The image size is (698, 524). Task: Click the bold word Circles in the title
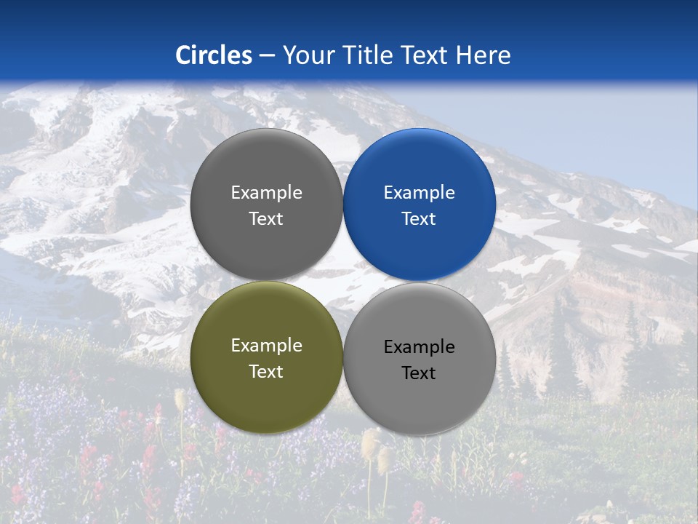click(x=214, y=55)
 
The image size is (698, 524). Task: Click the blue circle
click(x=420, y=205)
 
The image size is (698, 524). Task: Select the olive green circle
click(x=266, y=357)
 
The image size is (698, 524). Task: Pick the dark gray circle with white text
click(x=266, y=205)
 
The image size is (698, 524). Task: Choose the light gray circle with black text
click(x=420, y=359)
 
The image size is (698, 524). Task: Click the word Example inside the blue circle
click(x=419, y=193)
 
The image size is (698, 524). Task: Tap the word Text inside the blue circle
click(x=419, y=219)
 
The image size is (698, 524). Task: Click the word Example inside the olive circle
click(x=266, y=346)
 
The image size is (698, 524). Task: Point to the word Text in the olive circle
click(x=266, y=372)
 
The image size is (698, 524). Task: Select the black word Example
click(x=419, y=347)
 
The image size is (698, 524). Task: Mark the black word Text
click(x=419, y=373)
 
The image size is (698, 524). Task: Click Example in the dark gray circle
click(x=266, y=193)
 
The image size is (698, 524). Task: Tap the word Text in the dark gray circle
click(x=266, y=219)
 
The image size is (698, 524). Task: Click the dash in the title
click(x=267, y=56)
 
